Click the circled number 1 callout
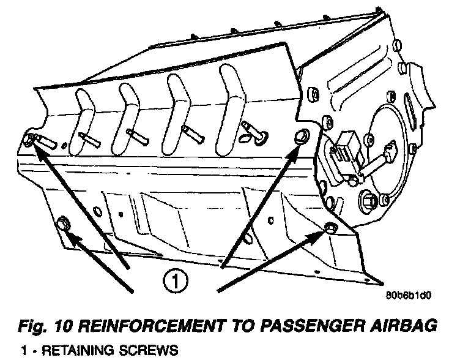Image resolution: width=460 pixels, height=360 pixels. [x=175, y=282]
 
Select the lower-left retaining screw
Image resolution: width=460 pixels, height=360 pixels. [x=64, y=224]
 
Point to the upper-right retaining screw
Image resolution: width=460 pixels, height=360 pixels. [x=301, y=137]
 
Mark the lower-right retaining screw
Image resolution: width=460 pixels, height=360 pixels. [x=328, y=228]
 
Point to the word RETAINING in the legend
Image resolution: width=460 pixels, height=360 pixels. [x=70, y=351]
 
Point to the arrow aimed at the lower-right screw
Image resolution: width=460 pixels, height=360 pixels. [x=269, y=260]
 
